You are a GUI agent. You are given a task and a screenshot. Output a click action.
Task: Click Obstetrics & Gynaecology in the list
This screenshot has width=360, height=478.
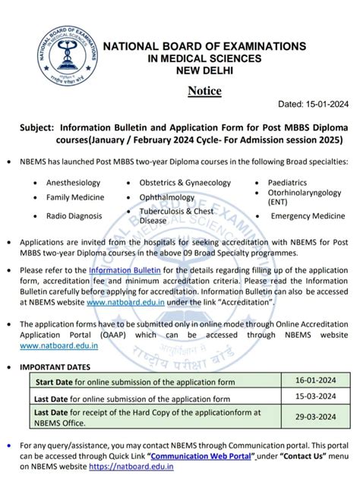pyautogui.click(x=185, y=182)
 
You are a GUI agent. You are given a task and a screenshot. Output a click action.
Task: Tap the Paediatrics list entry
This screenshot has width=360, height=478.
pyautogui.click(x=288, y=182)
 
